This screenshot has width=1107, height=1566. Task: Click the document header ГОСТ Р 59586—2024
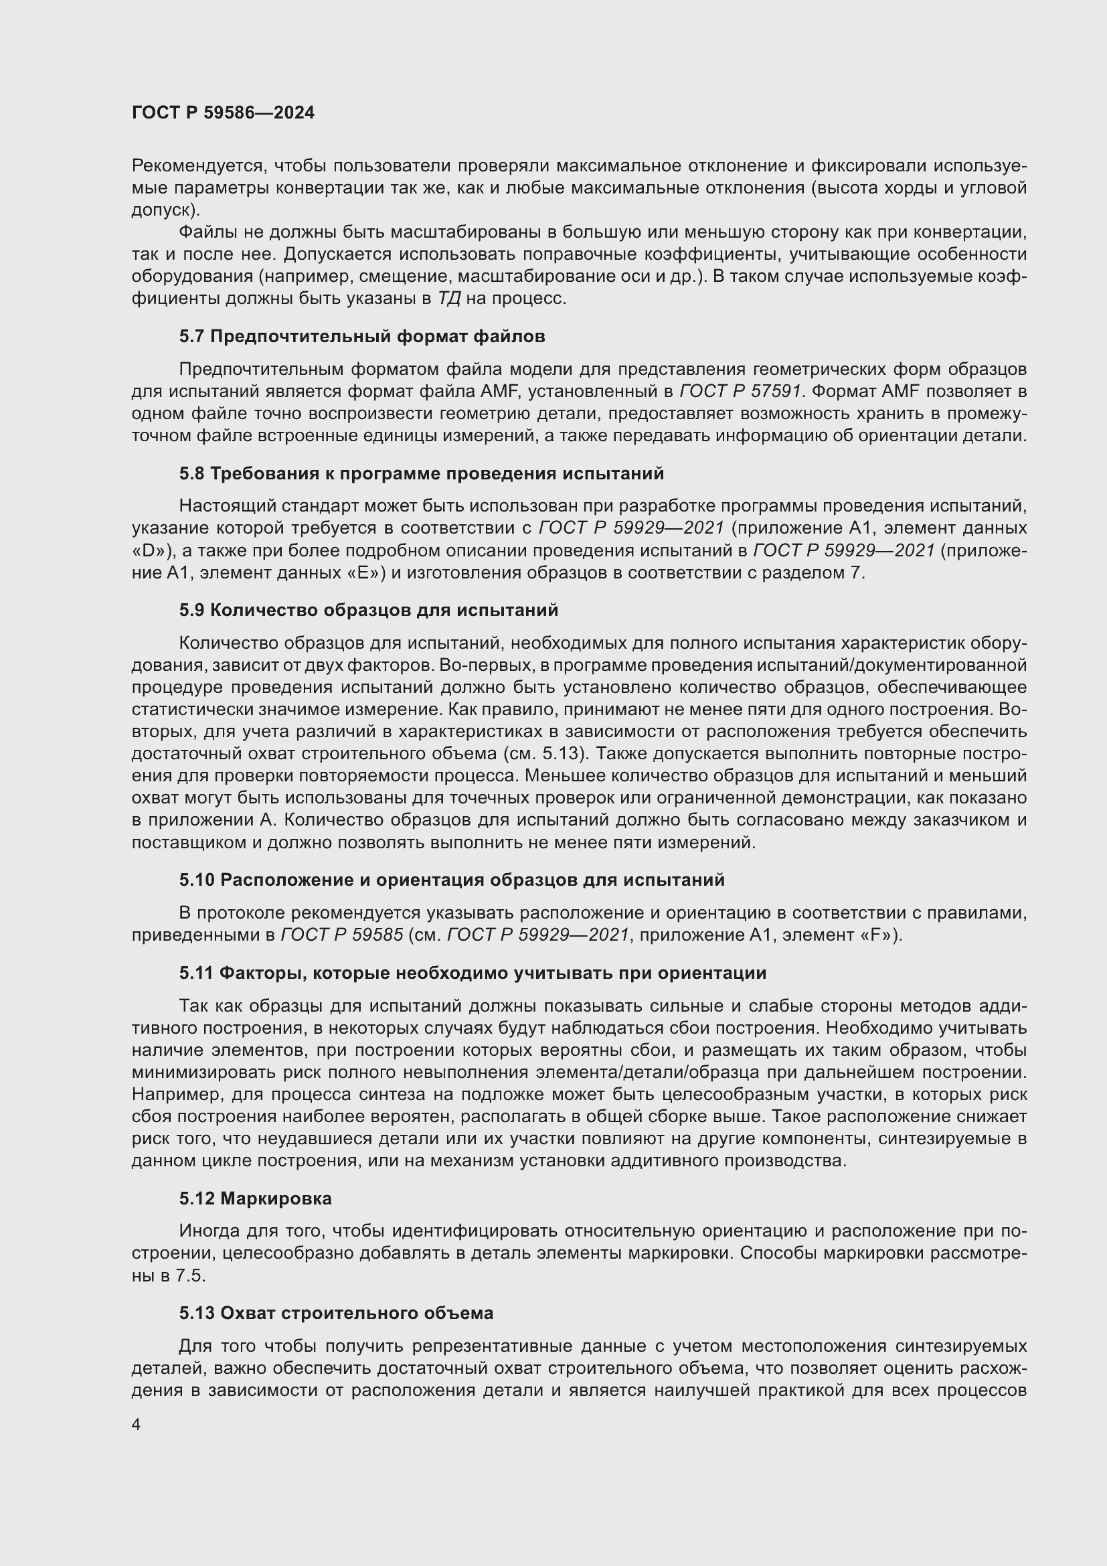pyautogui.click(x=223, y=112)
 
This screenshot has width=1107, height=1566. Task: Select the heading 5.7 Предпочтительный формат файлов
pyautogui.click(x=362, y=336)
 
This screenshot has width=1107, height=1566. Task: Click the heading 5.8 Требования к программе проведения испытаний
pyautogui.click(x=421, y=473)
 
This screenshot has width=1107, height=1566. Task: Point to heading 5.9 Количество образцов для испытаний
pyautogui.click(x=369, y=610)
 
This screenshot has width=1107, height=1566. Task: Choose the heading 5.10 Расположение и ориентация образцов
pyautogui.click(x=452, y=880)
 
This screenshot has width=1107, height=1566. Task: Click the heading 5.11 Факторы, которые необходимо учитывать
pyautogui.click(x=473, y=973)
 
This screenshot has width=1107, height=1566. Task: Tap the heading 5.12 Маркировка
pyautogui.click(x=256, y=1198)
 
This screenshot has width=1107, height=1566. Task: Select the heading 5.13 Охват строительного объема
pyautogui.click(x=336, y=1313)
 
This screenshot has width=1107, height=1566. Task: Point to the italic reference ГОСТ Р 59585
pyautogui.click(x=341, y=935)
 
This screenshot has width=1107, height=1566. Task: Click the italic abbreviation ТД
pyautogui.click(x=448, y=299)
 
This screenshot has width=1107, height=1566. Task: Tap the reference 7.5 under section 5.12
pyautogui.click(x=189, y=1275)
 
